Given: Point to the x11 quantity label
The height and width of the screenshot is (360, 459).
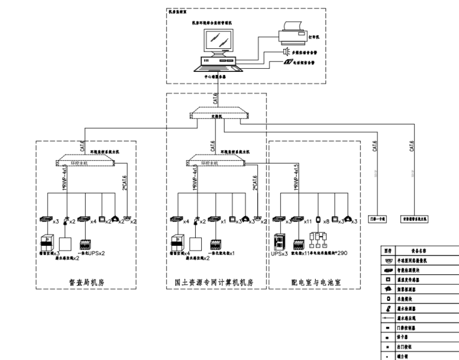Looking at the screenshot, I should pyautogui.click(x=308, y=222).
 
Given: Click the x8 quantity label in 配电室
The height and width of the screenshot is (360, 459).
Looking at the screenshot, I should pyautogui.click(x=327, y=222).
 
